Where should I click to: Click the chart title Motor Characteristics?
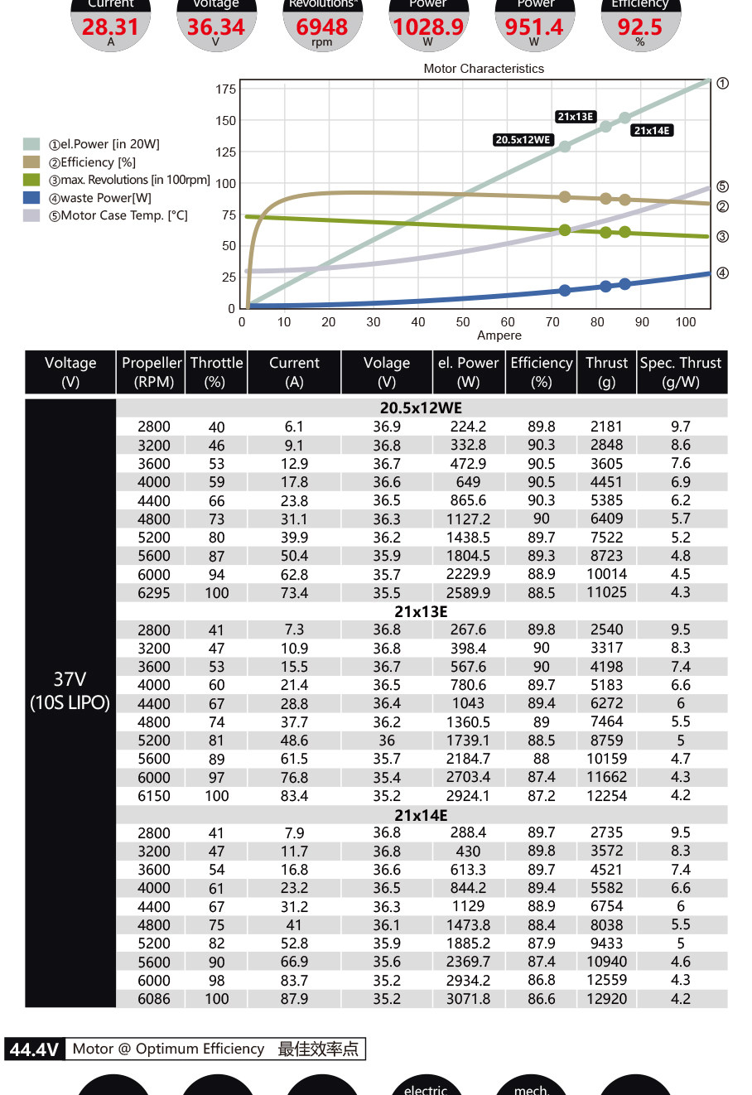(484, 69)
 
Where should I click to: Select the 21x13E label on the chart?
(576, 117)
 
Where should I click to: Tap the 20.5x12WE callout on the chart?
(523, 140)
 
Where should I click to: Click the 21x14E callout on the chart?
(652, 130)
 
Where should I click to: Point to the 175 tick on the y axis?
(225, 89)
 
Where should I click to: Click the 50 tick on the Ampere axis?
(463, 322)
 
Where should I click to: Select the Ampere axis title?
(499, 335)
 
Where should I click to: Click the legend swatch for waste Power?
(31, 198)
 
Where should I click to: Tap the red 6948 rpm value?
(322, 27)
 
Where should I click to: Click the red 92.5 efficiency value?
(639, 27)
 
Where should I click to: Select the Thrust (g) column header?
(606, 372)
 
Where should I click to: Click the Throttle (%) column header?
(216, 372)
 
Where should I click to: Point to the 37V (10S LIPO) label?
(70, 691)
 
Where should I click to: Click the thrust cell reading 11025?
(606, 592)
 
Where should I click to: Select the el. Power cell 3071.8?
(468, 999)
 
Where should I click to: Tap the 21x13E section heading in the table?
(421, 611)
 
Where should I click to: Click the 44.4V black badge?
(34, 1049)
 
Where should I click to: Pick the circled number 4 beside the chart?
(722, 273)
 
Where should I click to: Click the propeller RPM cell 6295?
(154, 593)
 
